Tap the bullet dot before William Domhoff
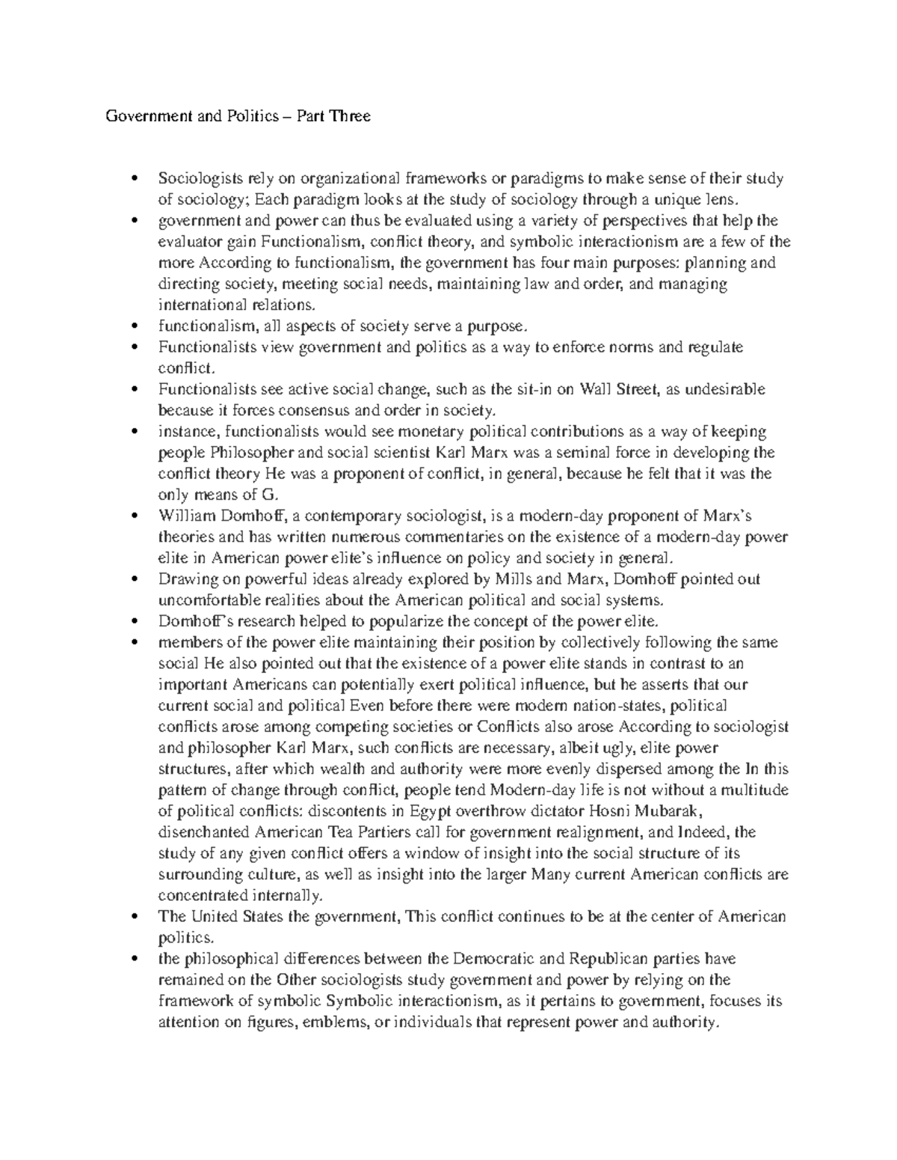point(135,516)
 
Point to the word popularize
point(360,621)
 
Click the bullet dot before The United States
point(135,916)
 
